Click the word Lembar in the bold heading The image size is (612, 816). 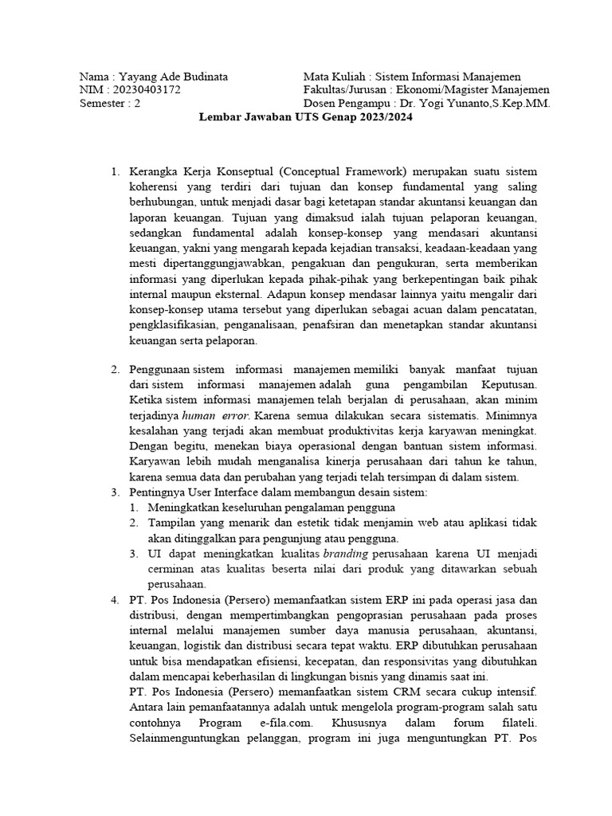click(218, 117)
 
